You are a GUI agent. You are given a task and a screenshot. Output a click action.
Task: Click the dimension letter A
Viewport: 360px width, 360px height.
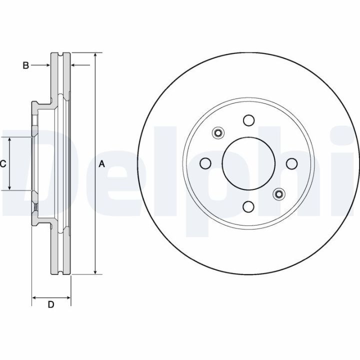click(x=101, y=164)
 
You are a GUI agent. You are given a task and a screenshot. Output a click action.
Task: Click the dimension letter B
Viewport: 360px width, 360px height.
click(x=25, y=65)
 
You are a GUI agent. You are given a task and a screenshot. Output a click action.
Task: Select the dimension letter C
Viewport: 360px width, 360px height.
click(x=3, y=164)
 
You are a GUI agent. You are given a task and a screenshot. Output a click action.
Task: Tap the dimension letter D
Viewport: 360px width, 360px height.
click(x=51, y=304)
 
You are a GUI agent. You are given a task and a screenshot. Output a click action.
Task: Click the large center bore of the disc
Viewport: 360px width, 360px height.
click(x=248, y=163)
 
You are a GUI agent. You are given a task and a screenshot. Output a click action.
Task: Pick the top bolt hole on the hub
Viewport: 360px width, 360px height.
click(x=249, y=120)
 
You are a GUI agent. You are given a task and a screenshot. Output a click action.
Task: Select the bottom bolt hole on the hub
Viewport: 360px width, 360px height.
click(x=249, y=206)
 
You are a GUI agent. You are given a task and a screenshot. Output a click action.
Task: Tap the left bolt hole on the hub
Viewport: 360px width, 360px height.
click(x=205, y=163)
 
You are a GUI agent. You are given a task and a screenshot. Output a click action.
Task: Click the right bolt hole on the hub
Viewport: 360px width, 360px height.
click(x=292, y=163)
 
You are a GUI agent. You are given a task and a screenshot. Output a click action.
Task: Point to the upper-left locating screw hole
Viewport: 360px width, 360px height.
click(x=218, y=132)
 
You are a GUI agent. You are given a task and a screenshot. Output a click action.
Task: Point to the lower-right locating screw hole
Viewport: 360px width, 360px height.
click(x=279, y=194)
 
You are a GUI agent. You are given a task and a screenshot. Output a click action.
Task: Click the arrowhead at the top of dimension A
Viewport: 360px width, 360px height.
click(x=95, y=55)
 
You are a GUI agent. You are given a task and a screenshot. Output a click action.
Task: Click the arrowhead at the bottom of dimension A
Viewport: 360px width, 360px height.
click(x=95, y=271)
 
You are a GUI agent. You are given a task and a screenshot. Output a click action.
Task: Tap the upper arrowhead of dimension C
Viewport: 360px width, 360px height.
click(x=9, y=140)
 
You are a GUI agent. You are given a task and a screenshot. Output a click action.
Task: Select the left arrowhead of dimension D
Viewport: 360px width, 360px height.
click(x=34, y=298)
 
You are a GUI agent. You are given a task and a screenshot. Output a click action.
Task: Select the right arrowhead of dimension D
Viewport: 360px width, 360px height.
click(x=68, y=298)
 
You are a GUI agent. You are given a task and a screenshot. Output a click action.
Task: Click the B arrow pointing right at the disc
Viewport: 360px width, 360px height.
click(x=40, y=65)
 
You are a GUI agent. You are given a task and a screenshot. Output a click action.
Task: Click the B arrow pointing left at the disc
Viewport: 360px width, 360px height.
click(x=80, y=65)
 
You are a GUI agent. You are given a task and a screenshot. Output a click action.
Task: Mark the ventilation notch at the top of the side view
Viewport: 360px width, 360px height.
click(x=60, y=54)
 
